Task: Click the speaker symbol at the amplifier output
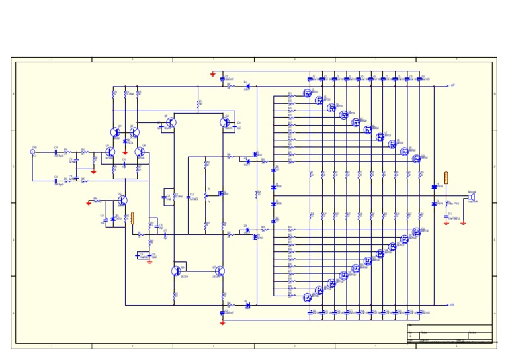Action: click(x=473, y=197)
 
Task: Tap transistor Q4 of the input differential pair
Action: click(x=110, y=152)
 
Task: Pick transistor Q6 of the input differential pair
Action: click(x=140, y=152)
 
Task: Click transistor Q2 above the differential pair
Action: click(x=116, y=132)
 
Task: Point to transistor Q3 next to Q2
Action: click(x=134, y=132)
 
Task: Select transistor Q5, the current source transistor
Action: click(x=122, y=201)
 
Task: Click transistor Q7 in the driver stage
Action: click(x=171, y=122)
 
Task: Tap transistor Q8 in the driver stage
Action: click(x=225, y=122)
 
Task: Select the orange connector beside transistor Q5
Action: click(x=133, y=218)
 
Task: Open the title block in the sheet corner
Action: click(x=450, y=334)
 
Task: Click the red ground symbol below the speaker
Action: click(x=446, y=223)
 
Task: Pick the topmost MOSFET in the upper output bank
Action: click(x=307, y=93)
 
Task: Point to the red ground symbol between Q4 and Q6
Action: click(x=125, y=152)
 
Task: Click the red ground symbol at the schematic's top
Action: click(x=212, y=73)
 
